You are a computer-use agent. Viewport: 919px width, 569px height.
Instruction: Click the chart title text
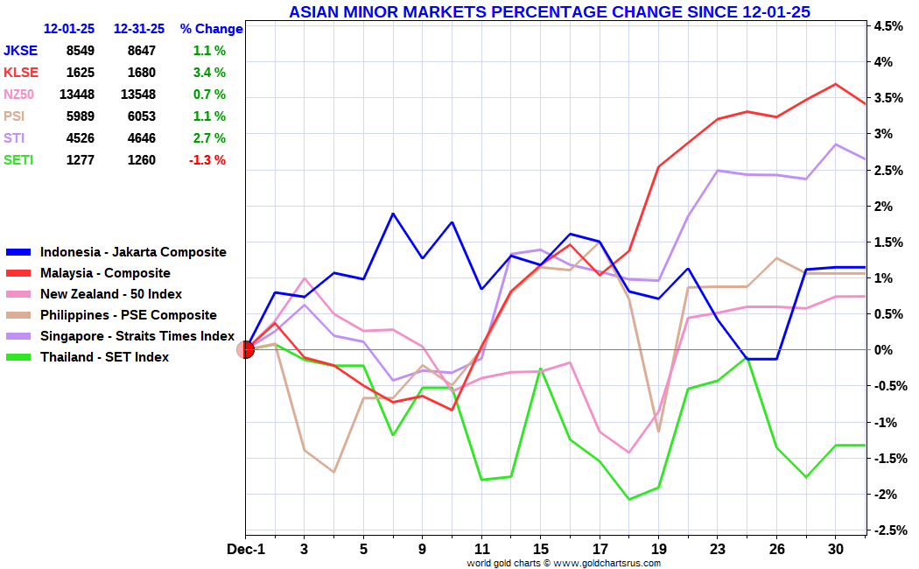549,11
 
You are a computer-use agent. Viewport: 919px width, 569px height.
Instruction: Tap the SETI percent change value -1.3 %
207,160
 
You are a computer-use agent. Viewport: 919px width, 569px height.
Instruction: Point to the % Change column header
211,29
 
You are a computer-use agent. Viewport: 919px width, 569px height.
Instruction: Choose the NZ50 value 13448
76,95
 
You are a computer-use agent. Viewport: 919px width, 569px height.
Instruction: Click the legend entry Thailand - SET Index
104,357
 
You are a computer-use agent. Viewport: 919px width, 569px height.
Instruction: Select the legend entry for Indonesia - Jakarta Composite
132,252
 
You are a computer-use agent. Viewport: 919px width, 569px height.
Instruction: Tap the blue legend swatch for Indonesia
19,252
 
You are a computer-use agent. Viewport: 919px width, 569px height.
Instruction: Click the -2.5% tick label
887,530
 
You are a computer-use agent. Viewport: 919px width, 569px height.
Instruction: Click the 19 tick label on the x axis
658,550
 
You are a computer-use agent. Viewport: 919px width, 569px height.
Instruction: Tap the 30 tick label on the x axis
835,550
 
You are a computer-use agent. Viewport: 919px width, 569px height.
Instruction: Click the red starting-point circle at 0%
246,350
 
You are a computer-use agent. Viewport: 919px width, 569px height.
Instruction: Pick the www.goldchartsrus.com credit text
607,563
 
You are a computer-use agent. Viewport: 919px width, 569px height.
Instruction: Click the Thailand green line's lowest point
628,500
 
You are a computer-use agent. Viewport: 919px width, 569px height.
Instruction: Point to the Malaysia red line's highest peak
836,84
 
